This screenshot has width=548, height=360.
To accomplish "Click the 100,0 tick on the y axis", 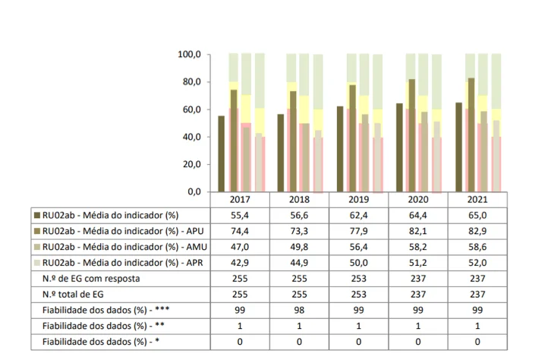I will (x=189, y=55).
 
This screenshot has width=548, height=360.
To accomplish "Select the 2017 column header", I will (x=240, y=199).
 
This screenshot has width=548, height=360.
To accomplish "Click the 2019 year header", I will (x=358, y=199).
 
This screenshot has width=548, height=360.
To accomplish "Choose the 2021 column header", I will (x=477, y=199).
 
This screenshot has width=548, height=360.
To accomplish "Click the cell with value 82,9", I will (x=477, y=230).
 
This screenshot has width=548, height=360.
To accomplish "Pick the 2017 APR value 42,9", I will (x=240, y=263).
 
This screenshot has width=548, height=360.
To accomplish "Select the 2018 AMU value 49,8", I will (x=299, y=247).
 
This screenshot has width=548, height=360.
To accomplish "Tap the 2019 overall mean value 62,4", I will (x=358, y=215).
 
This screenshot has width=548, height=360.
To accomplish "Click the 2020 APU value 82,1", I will (x=417, y=230).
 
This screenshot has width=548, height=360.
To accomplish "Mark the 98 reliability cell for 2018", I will (x=299, y=311).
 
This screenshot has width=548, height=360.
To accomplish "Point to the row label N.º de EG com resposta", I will (x=92, y=279).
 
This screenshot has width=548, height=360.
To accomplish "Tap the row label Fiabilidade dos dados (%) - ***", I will (x=103, y=311).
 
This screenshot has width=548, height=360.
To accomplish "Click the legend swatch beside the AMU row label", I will (x=37, y=247).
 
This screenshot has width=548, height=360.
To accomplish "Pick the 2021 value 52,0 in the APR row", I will (x=477, y=263).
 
